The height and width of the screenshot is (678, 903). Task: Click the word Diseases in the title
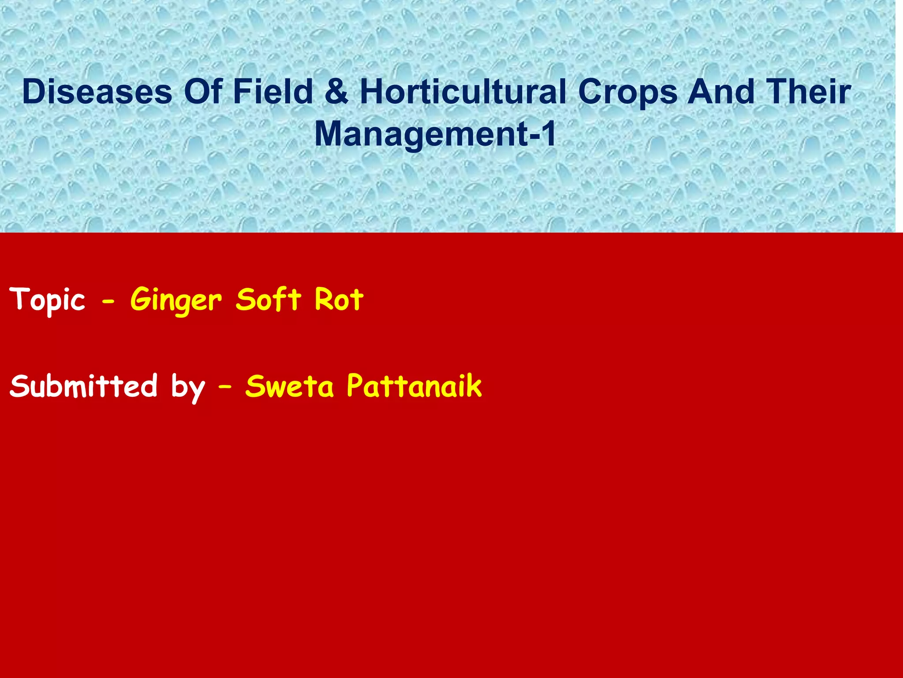pyautogui.click(x=97, y=92)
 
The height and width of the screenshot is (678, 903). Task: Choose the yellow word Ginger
pyautogui.click(x=176, y=300)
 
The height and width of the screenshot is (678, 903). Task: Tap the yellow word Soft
pyautogui.click(x=269, y=299)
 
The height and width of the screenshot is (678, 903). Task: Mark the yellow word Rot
pyautogui.click(x=339, y=299)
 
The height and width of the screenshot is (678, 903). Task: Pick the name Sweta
pyautogui.click(x=290, y=386)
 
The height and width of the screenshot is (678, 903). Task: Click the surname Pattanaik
pyautogui.click(x=414, y=386)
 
